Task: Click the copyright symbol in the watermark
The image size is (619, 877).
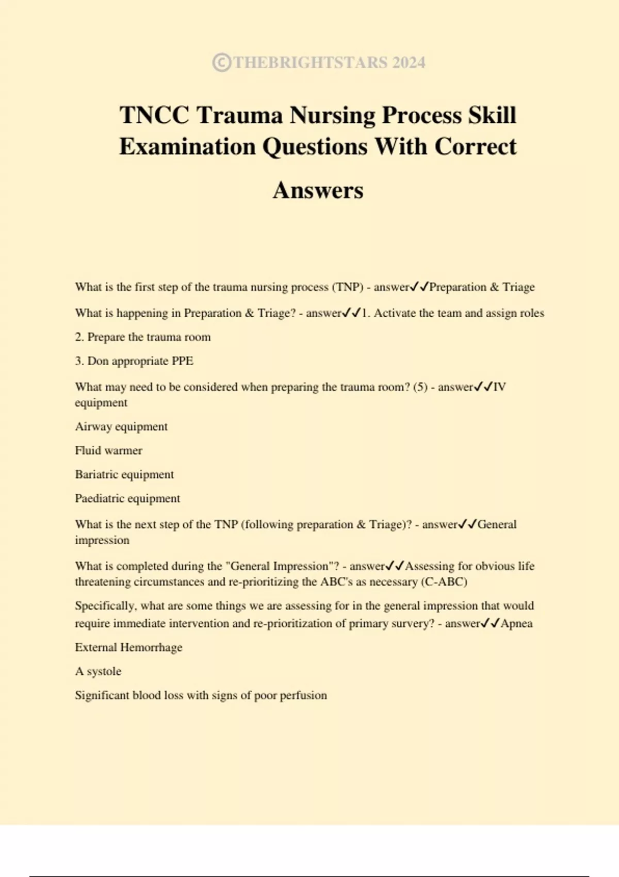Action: coord(221,62)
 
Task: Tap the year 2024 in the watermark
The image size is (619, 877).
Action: coord(409,62)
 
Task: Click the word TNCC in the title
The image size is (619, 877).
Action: coord(154,115)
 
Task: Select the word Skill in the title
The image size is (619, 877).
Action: coord(492,115)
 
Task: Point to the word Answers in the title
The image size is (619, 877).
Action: coord(318,190)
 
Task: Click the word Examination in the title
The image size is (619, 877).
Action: coord(187,147)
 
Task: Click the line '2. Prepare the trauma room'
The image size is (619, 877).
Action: coord(143,337)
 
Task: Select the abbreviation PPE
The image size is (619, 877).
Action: coord(182,361)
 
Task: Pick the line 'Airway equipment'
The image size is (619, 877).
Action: coord(121,427)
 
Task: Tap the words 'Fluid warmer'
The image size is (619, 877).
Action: coord(108,450)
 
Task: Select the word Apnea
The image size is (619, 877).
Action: coord(516,623)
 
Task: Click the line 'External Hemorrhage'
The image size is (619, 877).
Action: coord(128,647)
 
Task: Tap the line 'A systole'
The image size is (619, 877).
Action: coord(98,671)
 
